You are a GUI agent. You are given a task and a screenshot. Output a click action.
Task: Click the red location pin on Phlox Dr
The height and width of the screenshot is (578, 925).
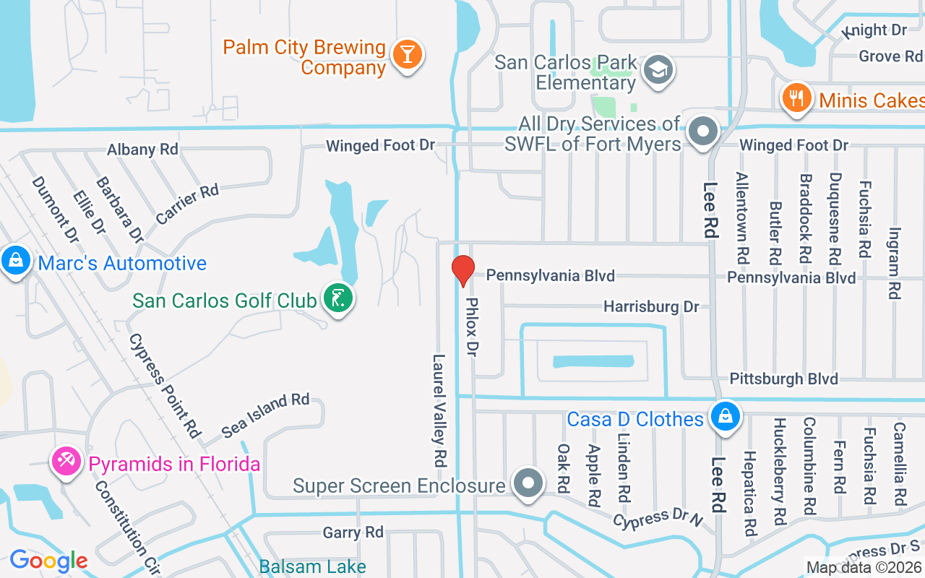coord(462,270)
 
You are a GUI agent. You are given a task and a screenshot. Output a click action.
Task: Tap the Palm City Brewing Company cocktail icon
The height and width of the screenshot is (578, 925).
coord(407,55)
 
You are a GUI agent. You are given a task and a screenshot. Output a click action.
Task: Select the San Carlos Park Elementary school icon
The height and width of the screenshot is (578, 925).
coord(658,70)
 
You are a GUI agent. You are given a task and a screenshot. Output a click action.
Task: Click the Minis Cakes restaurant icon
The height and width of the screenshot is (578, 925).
coord(796,98)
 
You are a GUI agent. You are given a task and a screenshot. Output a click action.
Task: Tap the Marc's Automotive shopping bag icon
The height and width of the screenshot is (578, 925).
coord(15,261)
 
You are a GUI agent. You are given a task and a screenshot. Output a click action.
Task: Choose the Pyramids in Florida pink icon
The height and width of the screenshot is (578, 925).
coord(67,461)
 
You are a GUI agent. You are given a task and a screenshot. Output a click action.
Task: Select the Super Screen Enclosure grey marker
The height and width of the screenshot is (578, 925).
coord(528,483)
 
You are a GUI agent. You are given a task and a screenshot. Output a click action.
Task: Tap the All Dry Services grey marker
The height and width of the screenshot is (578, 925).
coord(702,132)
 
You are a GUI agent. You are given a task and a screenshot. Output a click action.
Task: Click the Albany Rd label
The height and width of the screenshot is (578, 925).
coord(142,150)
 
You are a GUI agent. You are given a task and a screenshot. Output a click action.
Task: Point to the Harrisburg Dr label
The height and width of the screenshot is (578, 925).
coord(651,307)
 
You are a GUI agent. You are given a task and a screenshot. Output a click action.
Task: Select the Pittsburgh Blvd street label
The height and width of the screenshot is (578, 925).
coord(783,379)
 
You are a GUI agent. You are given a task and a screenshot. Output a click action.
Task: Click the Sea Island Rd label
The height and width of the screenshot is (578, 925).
coord(265,415)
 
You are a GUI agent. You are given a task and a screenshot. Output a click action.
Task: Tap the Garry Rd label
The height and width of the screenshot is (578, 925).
coord(353,532)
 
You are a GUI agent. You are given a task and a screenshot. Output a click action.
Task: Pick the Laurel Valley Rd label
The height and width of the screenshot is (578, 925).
coord(439,409)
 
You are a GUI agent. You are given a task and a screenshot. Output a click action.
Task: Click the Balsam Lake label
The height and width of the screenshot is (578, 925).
coord(312,567)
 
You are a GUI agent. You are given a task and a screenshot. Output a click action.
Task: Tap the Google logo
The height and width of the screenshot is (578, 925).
coord(48,560)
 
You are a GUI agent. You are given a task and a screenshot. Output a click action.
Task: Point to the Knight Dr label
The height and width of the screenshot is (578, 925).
coord(875,30)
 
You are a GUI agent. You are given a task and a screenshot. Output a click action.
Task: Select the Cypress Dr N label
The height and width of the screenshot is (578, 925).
coord(658,518)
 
